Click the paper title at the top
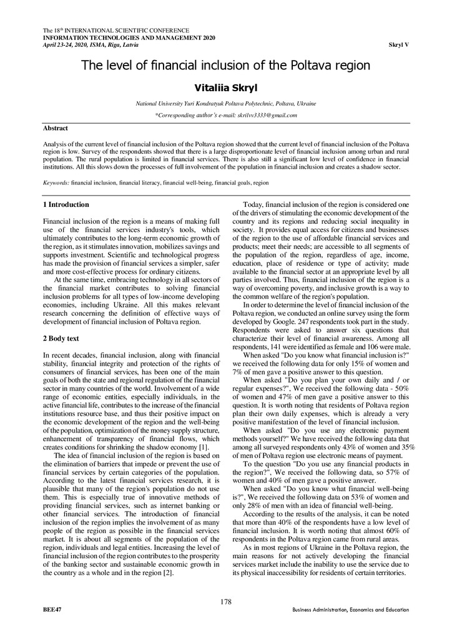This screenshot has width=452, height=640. [226, 65]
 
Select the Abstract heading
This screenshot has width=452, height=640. [55, 127]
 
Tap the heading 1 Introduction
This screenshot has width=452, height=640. [66, 204]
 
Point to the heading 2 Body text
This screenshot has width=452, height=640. [61, 338]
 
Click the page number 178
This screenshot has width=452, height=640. [226, 601]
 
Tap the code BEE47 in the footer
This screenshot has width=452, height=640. [52, 609]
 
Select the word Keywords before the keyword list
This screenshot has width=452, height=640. [56, 184]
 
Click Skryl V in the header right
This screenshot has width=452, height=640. [398, 45]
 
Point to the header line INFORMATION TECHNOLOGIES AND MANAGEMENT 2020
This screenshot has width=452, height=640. [128, 38]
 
